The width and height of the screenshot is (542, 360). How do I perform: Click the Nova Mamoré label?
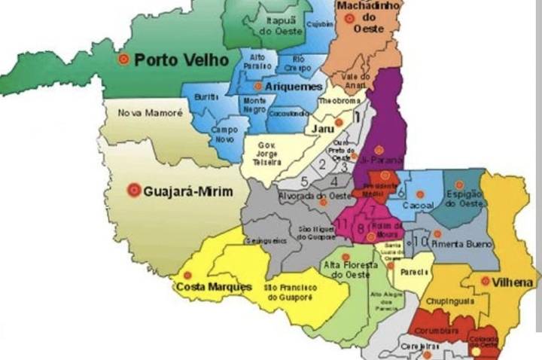(x=151, y=113)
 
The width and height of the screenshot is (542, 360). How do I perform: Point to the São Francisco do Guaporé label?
(x=290, y=292)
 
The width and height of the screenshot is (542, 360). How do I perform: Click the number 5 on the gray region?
(x=304, y=181)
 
